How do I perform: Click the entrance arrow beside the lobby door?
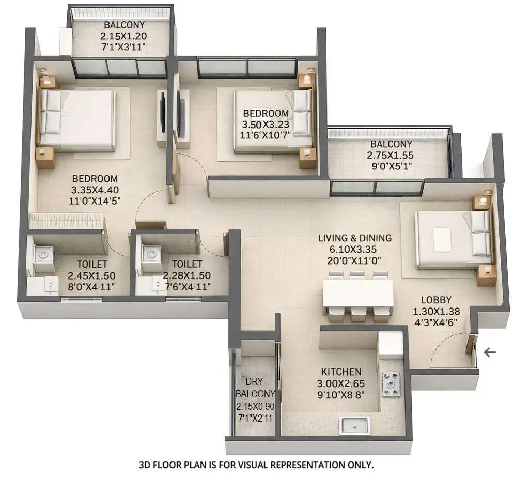point(489,352)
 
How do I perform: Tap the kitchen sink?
point(354,426)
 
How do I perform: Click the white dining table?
point(357,294)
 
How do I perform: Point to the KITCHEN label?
point(341,372)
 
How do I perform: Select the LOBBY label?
point(436,300)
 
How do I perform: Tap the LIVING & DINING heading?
point(354,238)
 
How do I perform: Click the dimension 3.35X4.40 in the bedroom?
point(94,190)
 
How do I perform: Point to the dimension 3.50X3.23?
point(266,124)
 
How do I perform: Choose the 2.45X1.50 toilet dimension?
point(91,276)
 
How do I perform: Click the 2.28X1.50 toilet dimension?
point(186,276)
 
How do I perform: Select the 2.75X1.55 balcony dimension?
point(391,155)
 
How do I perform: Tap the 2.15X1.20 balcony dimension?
point(124,36)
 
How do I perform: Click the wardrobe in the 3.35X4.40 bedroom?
point(66,222)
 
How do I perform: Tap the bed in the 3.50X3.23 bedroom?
point(271,122)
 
